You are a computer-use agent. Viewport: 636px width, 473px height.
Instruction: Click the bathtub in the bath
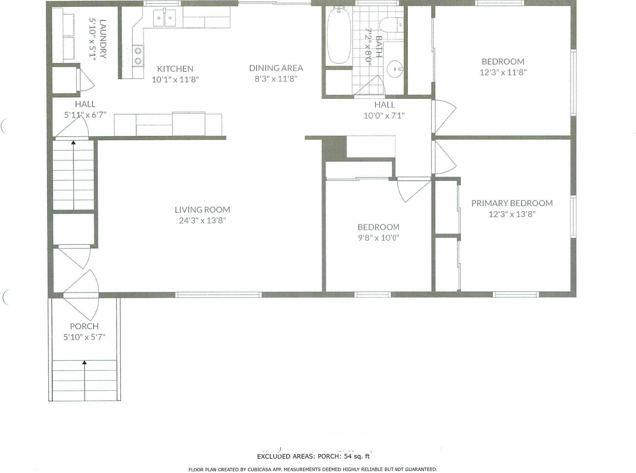click(x=339, y=36)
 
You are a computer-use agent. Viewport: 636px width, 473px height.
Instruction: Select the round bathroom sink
click(x=395, y=69)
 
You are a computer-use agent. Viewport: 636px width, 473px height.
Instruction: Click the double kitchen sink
click(x=164, y=18)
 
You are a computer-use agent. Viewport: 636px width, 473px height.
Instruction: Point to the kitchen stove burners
click(x=138, y=56)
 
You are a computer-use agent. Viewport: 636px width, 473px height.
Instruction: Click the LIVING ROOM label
click(x=202, y=209)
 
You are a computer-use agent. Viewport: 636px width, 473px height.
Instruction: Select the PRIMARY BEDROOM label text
click(x=512, y=203)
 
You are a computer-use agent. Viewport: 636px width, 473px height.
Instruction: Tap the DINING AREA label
click(x=276, y=68)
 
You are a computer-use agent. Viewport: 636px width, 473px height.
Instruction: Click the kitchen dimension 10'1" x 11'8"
click(x=175, y=80)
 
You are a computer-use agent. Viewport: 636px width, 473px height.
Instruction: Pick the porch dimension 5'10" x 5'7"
click(x=84, y=337)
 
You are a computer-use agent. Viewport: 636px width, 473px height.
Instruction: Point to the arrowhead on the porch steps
click(x=85, y=362)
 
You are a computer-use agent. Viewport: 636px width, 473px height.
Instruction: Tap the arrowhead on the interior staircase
click(x=73, y=142)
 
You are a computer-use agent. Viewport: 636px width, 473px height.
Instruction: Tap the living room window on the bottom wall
click(x=218, y=294)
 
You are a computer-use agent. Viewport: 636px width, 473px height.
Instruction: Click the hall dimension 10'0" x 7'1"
click(x=384, y=116)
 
